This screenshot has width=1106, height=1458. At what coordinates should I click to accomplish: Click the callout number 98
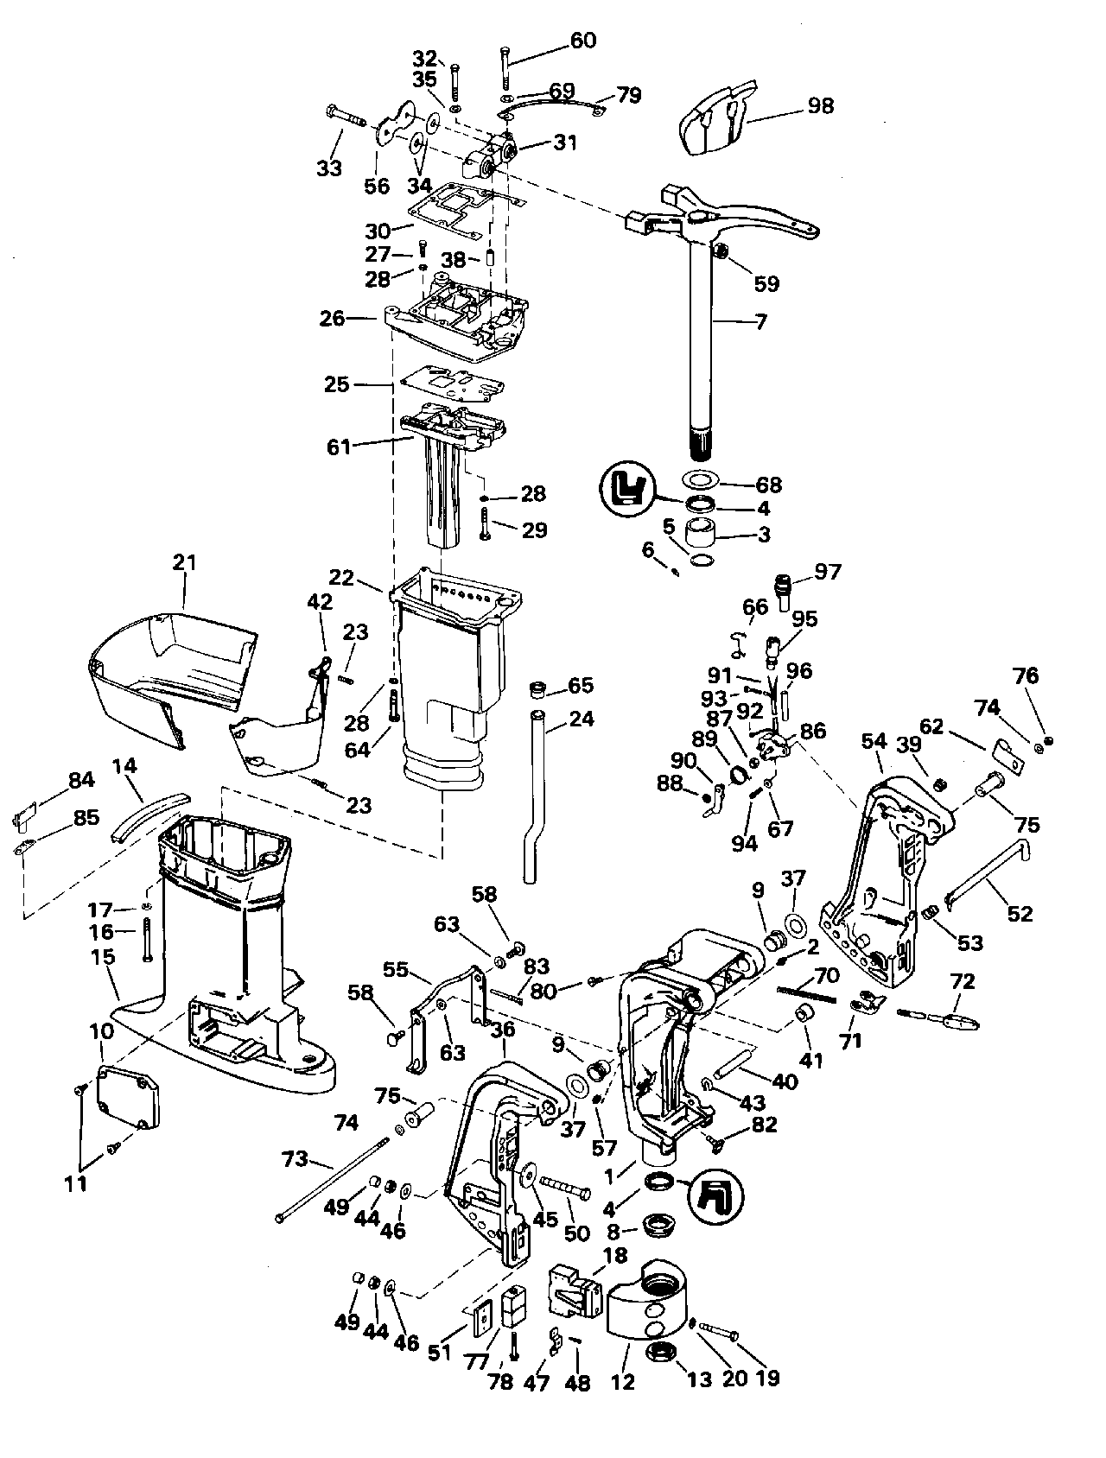(x=820, y=105)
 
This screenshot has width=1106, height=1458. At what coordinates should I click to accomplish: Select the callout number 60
(x=583, y=41)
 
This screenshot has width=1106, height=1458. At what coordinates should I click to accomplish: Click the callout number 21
(x=184, y=563)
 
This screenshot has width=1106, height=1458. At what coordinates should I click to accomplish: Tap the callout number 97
(x=827, y=572)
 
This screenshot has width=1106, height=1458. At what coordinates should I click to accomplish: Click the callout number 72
(x=962, y=981)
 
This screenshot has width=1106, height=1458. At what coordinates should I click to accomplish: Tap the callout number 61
(x=339, y=447)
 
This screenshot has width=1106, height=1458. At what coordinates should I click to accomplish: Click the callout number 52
(x=1020, y=913)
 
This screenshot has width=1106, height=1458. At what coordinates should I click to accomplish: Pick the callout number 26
(x=333, y=319)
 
